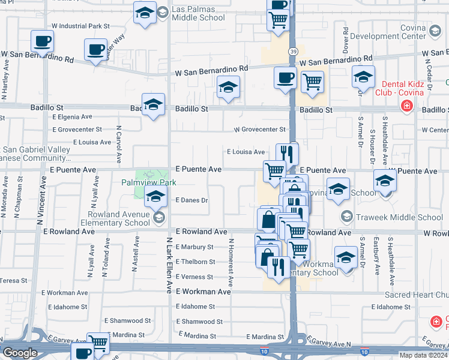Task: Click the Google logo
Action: coord(20,353)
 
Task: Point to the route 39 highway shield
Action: coord(292,52)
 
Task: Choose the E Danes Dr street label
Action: coord(192,200)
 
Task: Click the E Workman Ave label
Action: coord(203,292)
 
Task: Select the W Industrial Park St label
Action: coord(81,26)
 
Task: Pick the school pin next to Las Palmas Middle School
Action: coord(145,14)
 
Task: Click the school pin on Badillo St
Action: coord(154,105)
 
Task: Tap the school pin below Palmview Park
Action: coord(155,196)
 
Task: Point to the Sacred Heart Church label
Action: coord(414,295)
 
